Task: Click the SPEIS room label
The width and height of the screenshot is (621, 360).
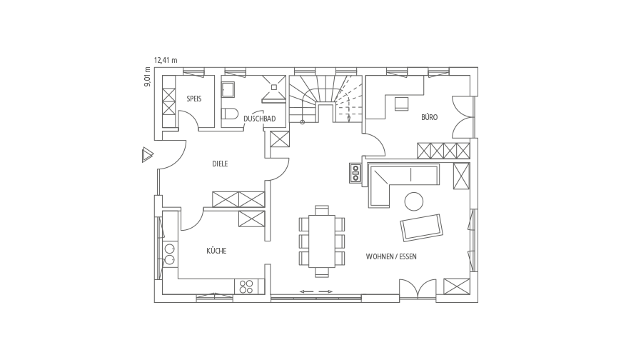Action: [x=194, y=99]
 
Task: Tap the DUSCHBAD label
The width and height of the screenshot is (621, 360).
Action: [x=259, y=119]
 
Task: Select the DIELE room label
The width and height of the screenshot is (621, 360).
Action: [x=220, y=164]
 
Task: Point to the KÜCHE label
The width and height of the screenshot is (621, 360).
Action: [x=216, y=251]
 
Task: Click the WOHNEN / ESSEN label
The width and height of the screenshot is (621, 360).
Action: [x=391, y=256]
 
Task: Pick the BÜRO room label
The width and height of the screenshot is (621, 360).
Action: [x=429, y=117]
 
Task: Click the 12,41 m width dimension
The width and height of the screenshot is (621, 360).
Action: [x=166, y=60]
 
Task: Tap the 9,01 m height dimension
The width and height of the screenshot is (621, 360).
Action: [x=147, y=77]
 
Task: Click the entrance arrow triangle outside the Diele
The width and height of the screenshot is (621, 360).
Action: [x=147, y=154]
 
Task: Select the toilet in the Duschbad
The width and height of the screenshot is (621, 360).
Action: [x=229, y=114]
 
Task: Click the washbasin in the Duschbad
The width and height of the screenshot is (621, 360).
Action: [x=228, y=89]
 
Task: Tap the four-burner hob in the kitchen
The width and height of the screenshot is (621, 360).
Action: [x=246, y=286]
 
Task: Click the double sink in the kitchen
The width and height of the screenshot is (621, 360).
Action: [x=169, y=254]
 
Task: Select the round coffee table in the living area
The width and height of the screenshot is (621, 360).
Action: [x=413, y=201]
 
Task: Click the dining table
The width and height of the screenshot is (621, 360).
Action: [x=322, y=241]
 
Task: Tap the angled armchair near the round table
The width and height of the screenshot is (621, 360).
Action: [x=421, y=227]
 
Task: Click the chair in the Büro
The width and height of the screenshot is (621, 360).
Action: [x=402, y=104]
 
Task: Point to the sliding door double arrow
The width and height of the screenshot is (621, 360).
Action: [x=316, y=292]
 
